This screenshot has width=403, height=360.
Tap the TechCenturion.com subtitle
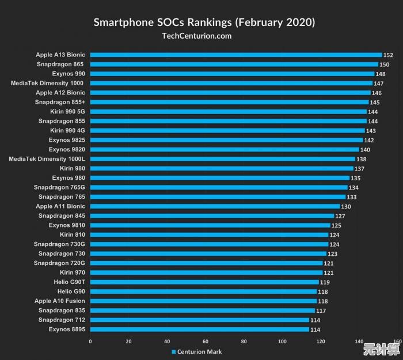coord(197,36)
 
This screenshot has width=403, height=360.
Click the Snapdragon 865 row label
coord(60,64)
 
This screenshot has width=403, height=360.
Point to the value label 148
coord(381,74)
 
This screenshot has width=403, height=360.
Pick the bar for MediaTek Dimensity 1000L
coord(223,159)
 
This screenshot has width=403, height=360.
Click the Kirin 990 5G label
coord(67,111)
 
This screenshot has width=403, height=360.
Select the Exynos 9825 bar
coord(226,140)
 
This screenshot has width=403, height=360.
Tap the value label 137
coord(360,169)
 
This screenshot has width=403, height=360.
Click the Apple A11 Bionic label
coord(60,206)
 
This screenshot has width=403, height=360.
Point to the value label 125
coord(336,225)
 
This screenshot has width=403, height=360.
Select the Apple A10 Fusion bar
coord(203,301)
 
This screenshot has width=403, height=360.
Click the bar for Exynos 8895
coord(200,329)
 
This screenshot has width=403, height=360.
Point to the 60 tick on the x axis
coord(205,342)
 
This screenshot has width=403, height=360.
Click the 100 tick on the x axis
coord(282,342)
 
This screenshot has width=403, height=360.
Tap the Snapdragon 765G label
coord(59,187)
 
